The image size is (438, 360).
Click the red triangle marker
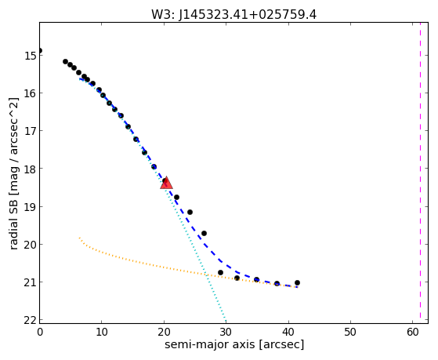[x=166, y=183]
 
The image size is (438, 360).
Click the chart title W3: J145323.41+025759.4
[x=233, y=15]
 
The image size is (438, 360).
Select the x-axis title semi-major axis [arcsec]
[x=234, y=344]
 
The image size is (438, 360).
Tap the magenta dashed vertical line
[x=420, y=173]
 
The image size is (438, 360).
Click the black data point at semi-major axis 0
[x=40, y=51]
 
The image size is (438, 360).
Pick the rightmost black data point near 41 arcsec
[x=297, y=283]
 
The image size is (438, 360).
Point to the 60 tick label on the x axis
[x=413, y=332]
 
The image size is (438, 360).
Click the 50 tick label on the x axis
[x=350, y=332]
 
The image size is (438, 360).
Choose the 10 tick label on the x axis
[x=102, y=332]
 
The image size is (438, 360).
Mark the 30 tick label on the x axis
[x=226, y=332]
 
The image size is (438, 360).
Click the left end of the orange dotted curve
[x=80, y=238]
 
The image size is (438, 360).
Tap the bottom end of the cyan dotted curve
[x=226, y=321]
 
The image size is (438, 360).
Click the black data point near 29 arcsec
[x=220, y=272]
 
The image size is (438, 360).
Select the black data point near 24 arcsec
[x=190, y=212]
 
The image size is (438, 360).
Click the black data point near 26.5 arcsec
[x=205, y=233]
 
